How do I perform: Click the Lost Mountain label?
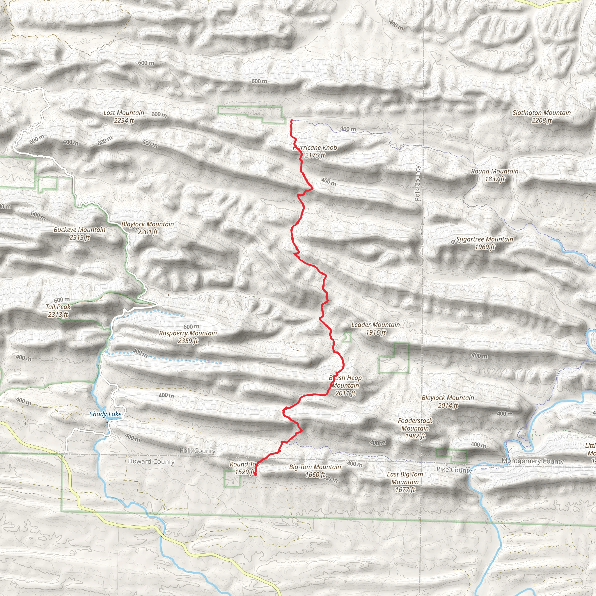(x=124, y=117)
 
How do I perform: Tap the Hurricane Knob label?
(x=315, y=151)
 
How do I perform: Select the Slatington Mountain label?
(x=541, y=117)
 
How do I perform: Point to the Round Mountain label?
(x=494, y=175)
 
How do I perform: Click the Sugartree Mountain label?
(x=485, y=243)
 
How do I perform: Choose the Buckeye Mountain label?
(x=79, y=233)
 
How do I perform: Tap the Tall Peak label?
(x=58, y=311)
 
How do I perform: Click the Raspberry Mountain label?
(x=188, y=337)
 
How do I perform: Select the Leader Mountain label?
(x=375, y=328)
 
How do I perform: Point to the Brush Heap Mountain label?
(x=345, y=385)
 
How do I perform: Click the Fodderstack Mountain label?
(x=415, y=428)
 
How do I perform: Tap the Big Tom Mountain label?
(x=315, y=471)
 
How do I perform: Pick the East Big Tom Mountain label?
(x=405, y=482)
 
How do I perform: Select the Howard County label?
(x=151, y=462)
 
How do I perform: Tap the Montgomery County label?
(x=533, y=461)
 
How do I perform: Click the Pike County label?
(x=454, y=470)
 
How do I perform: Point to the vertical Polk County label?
(x=417, y=183)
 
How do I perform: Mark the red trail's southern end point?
(x=256, y=474)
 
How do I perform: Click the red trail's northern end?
(x=291, y=120)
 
